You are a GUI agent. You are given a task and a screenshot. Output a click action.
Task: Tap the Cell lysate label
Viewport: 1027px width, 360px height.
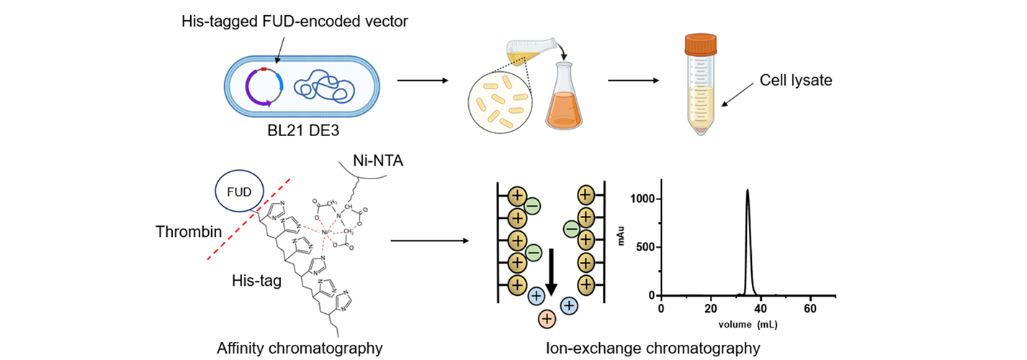(796, 81)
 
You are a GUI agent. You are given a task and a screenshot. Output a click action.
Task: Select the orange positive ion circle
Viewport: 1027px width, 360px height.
(547, 318)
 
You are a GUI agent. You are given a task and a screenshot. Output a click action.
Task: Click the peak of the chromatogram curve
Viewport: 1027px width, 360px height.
(748, 191)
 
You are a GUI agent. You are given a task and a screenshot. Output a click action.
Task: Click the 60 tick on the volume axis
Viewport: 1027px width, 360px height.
(810, 308)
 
